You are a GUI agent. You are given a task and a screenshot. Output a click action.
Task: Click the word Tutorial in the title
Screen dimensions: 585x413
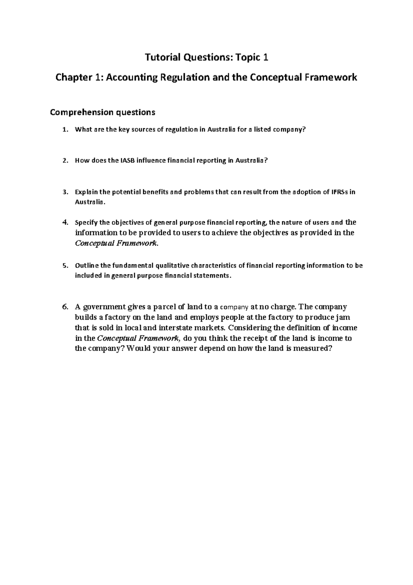tap(161, 58)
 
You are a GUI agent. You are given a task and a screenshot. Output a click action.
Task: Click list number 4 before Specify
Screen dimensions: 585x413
tap(65, 223)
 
